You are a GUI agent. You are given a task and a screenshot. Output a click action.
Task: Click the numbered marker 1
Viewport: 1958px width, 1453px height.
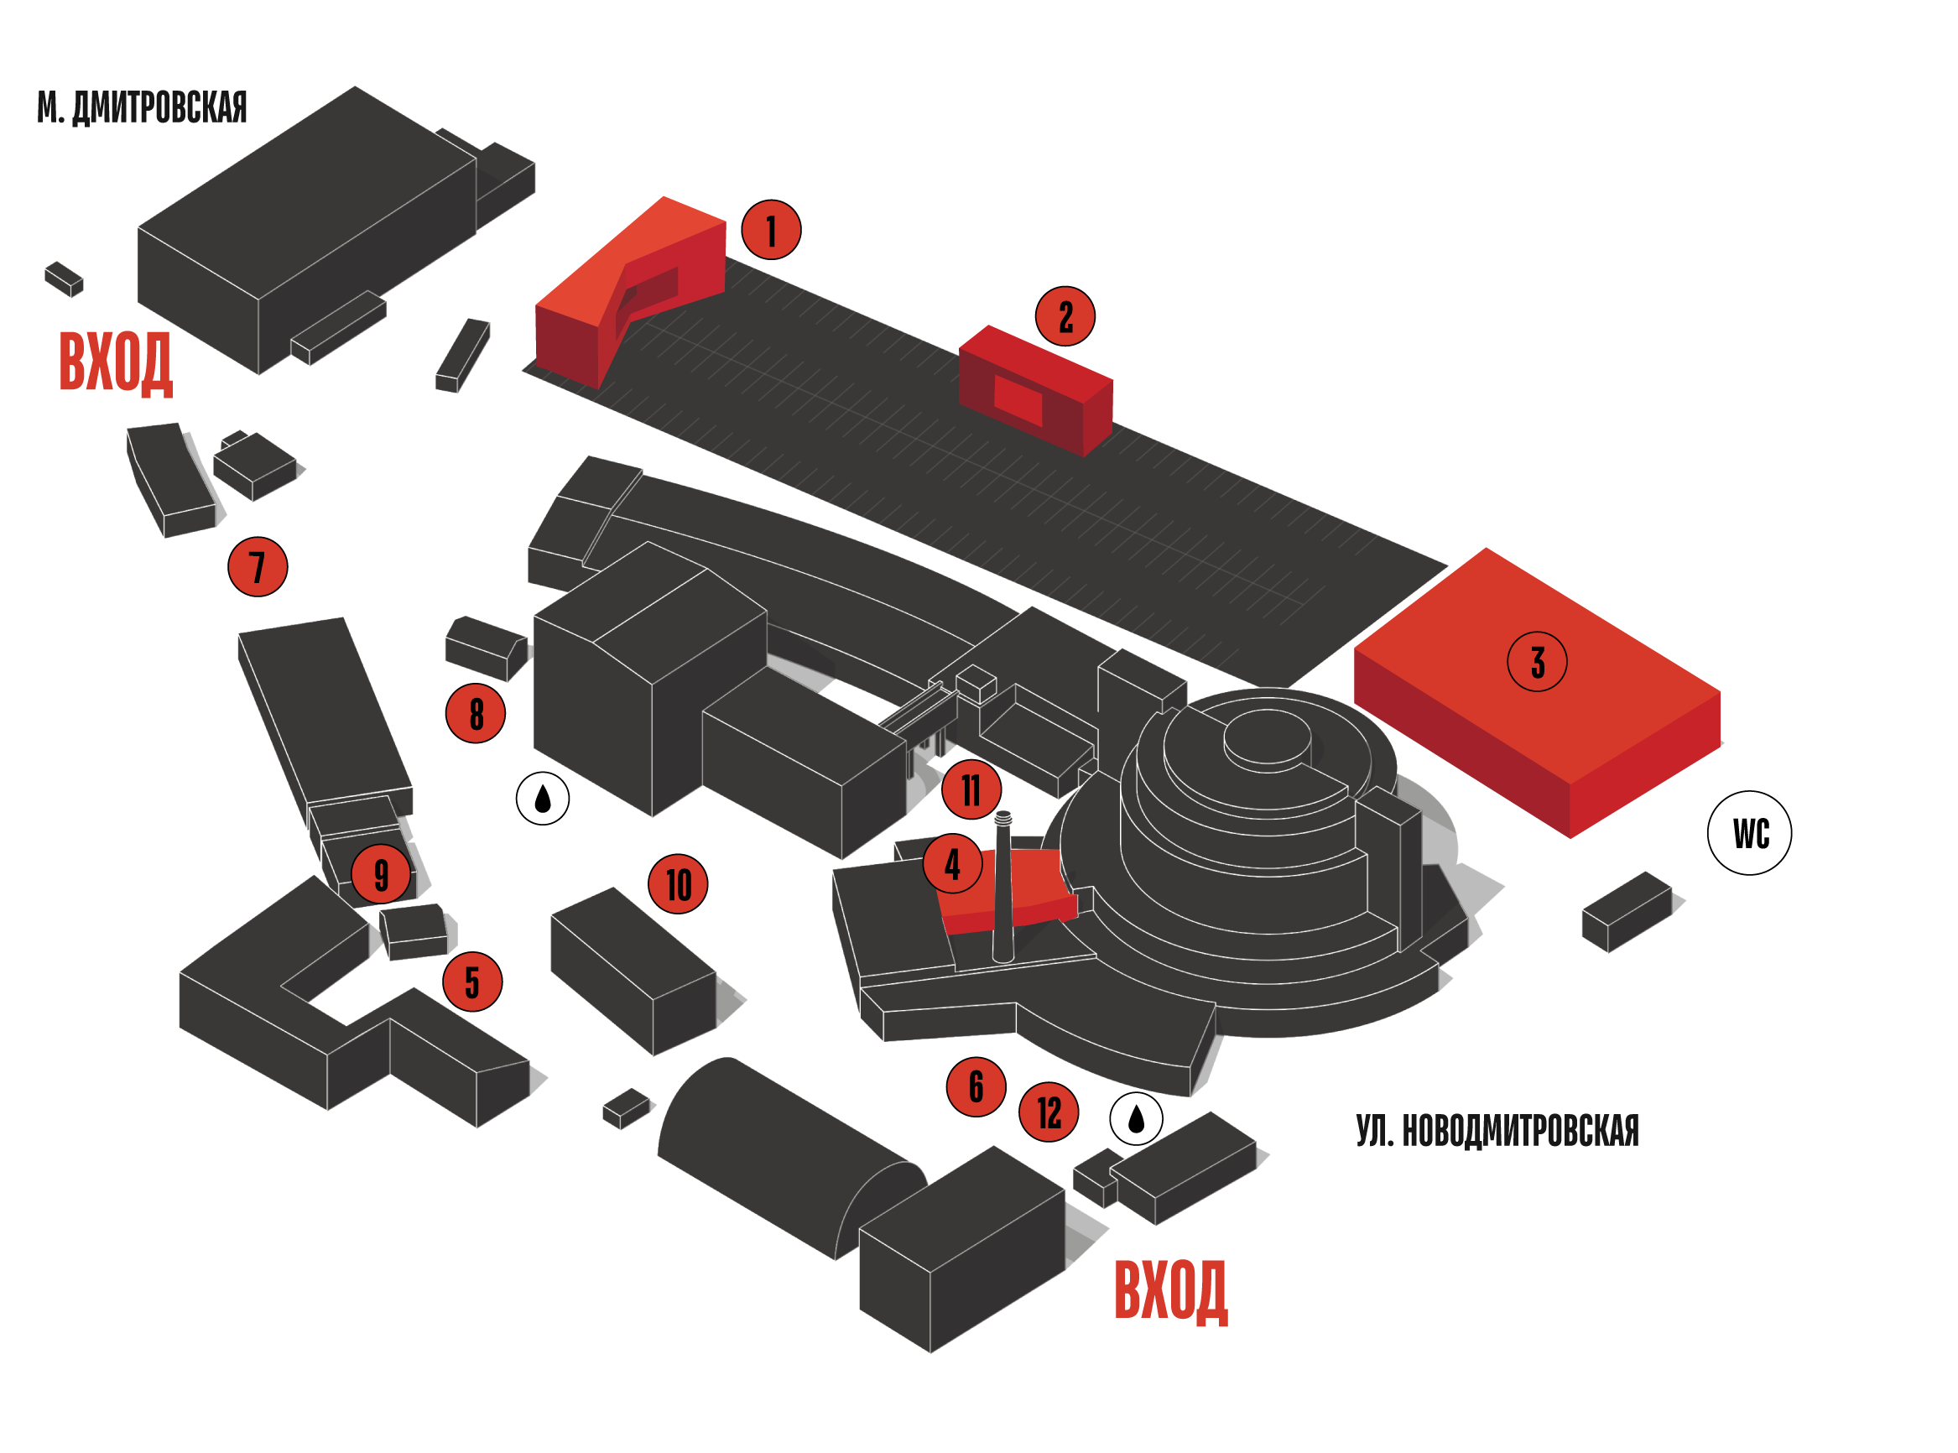pyautogui.click(x=771, y=231)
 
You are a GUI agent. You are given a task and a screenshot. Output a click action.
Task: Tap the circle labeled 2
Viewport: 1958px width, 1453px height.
pyautogui.click(x=1065, y=316)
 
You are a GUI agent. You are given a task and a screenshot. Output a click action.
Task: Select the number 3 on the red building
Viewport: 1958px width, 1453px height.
pyautogui.click(x=1536, y=662)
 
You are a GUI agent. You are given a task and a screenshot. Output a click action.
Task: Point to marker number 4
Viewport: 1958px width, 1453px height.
pyautogui.click(x=951, y=865)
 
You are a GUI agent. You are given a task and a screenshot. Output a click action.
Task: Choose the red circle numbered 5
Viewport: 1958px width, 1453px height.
pyautogui.click(x=471, y=982)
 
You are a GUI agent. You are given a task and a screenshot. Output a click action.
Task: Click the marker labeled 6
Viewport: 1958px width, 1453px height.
pyautogui.click(x=976, y=1087)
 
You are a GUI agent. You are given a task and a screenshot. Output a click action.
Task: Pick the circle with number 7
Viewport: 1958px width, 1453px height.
pyautogui.click(x=257, y=566)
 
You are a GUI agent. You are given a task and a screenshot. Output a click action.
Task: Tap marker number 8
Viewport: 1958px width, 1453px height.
pyautogui.click(x=475, y=713)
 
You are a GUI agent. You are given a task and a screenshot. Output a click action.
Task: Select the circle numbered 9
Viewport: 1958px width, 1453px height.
pyautogui.click(x=380, y=874)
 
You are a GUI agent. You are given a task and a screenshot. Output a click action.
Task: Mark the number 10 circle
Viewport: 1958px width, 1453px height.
pyautogui.click(x=677, y=884)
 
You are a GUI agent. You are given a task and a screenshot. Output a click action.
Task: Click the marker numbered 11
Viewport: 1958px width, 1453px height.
pyautogui.click(x=971, y=789)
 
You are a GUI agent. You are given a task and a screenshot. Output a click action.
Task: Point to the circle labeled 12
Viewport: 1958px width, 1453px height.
pyautogui.click(x=1048, y=1112)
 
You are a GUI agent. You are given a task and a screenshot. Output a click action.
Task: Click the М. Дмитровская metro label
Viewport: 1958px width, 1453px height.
pyautogui.click(x=142, y=107)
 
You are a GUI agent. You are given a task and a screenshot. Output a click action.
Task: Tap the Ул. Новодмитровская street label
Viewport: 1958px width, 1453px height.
pyautogui.click(x=1497, y=1131)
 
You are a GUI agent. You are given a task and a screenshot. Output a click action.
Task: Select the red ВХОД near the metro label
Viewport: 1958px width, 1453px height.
pyautogui.click(x=115, y=362)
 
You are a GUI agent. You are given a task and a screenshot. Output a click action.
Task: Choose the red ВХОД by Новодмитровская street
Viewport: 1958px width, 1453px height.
pyautogui.click(x=1170, y=1291)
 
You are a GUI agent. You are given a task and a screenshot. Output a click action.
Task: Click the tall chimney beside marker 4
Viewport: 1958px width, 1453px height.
pyautogui.click(x=1002, y=888)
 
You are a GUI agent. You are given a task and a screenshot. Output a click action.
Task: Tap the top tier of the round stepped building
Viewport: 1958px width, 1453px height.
pyautogui.click(x=1267, y=737)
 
